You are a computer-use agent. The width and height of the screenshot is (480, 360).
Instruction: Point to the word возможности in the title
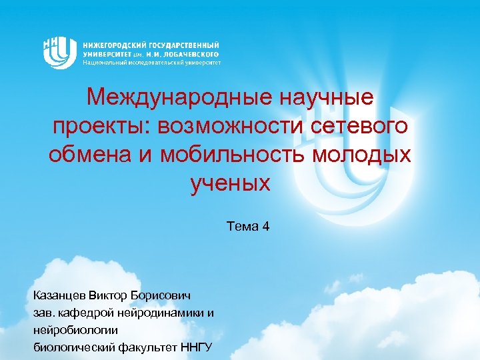[x=248, y=127]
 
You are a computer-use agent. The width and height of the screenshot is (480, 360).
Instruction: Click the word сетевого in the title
[x=364, y=127]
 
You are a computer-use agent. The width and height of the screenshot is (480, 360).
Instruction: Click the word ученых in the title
[x=231, y=181]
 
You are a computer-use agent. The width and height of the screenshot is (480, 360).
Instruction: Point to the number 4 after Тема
[x=266, y=227]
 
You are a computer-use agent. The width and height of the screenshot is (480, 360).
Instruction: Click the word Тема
[x=243, y=227]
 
